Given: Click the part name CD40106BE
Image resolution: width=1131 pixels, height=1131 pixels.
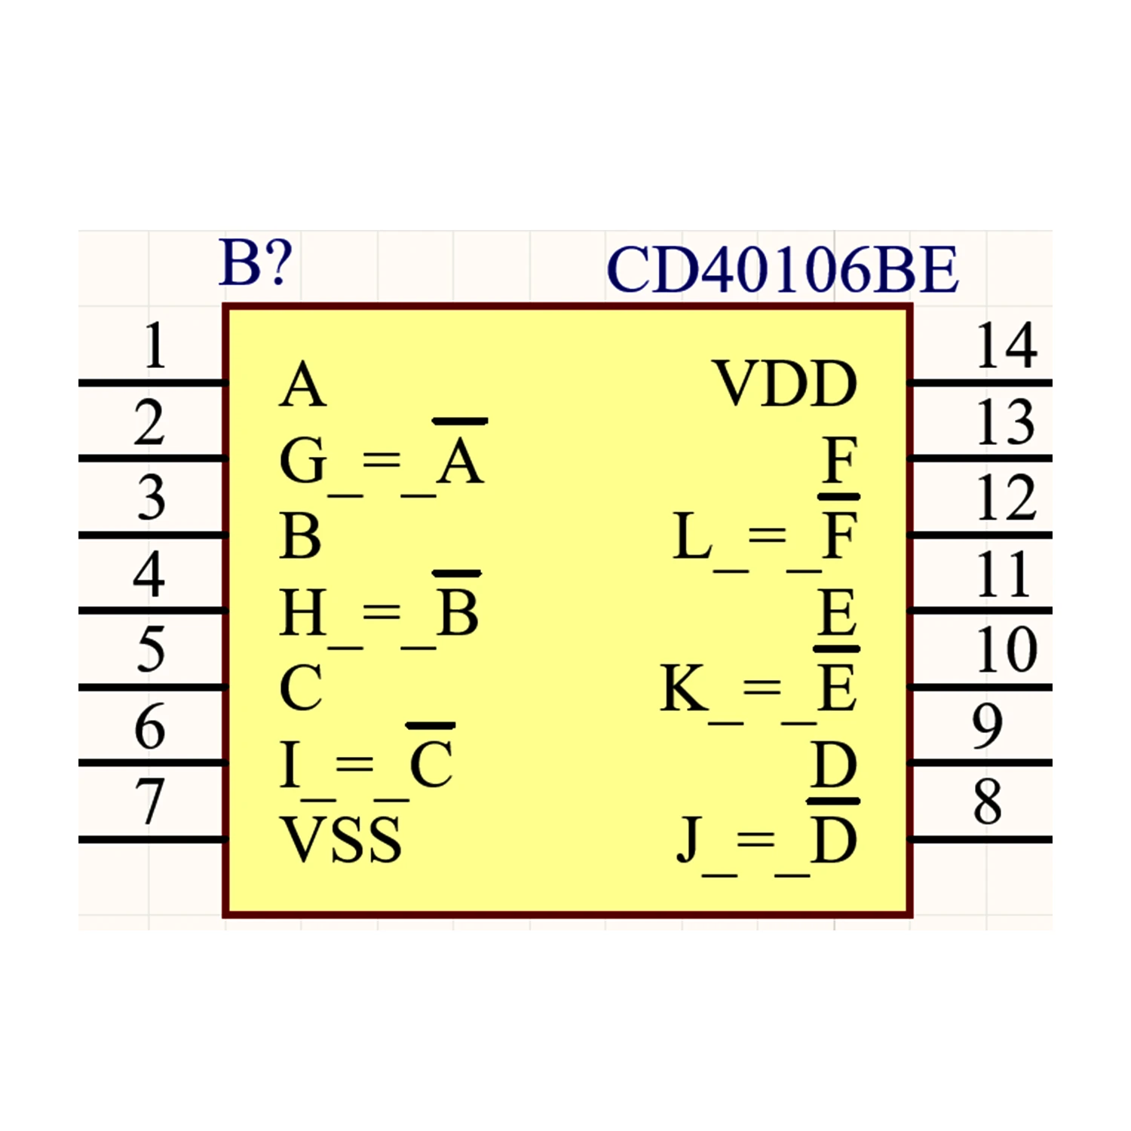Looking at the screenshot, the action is (x=783, y=270).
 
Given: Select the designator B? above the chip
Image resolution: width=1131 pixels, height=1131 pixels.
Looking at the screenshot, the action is (x=255, y=262).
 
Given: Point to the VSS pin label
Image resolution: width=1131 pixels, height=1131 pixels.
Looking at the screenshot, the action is (x=341, y=839).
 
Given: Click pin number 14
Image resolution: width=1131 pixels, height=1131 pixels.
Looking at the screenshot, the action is (x=1007, y=345).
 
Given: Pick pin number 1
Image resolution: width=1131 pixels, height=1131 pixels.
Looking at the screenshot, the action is (x=155, y=345).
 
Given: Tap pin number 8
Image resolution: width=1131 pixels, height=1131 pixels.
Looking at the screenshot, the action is (x=988, y=802).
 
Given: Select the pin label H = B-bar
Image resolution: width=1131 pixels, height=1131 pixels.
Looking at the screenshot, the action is (x=380, y=609).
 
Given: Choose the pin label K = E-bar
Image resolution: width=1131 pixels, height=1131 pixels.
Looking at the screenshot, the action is (x=760, y=686).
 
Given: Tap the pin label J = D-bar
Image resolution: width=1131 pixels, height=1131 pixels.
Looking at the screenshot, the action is (x=768, y=838).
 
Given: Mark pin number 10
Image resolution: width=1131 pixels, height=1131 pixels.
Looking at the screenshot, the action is (x=1007, y=649).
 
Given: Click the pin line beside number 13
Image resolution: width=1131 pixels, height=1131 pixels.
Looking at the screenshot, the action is (x=981, y=458).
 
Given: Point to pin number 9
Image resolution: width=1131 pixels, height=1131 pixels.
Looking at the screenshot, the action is (x=988, y=725).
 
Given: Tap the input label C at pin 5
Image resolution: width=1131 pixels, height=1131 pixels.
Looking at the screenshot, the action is (x=301, y=687).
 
